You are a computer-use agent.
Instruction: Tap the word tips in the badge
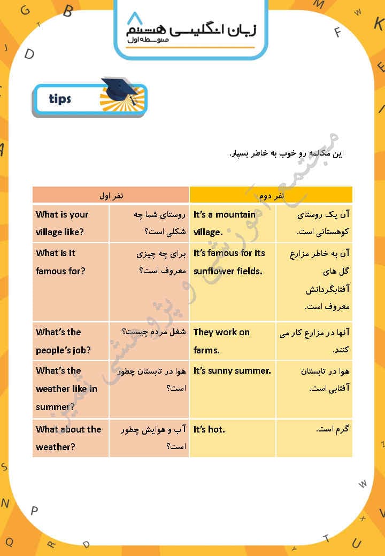pos(60,99)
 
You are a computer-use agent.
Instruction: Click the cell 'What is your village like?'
pos(71,223)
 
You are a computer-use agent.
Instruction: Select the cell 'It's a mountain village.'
pos(233,223)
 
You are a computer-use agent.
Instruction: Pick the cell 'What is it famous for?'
pos(71,262)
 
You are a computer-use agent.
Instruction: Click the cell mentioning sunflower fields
pos(233,262)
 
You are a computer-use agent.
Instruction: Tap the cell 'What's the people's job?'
pos(71,341)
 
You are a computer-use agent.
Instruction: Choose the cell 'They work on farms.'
pos(233,341)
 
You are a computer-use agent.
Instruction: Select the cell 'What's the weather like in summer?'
pos(71,389)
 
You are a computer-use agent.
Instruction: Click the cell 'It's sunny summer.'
pos(233,370)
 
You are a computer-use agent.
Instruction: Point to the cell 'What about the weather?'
pos(71,438)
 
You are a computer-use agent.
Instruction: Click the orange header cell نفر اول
pos(111,195)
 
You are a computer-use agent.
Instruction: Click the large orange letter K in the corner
pos(379,23)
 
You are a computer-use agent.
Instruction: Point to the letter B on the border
pos(67,11)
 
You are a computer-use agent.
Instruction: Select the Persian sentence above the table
pos(287,154)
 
